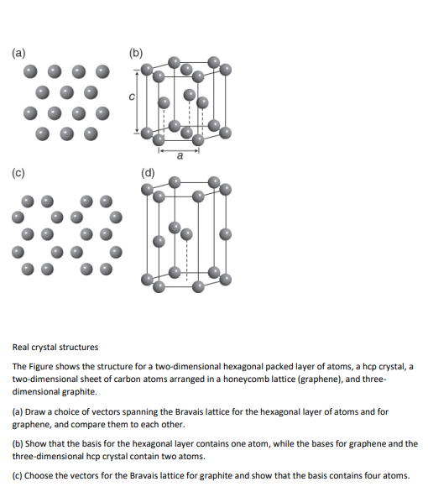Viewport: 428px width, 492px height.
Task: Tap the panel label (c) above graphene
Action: click(x=18, y=174)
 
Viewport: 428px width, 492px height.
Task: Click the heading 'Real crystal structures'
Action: click(x=55, y=347)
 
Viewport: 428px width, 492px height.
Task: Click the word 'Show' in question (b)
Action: click(x=38, y=444)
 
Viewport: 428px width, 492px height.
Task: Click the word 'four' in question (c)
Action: click(x=370, y=476)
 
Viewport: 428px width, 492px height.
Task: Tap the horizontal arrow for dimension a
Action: click(x=178, y=148)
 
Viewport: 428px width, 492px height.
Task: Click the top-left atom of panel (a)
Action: click(x=40, y=71)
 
